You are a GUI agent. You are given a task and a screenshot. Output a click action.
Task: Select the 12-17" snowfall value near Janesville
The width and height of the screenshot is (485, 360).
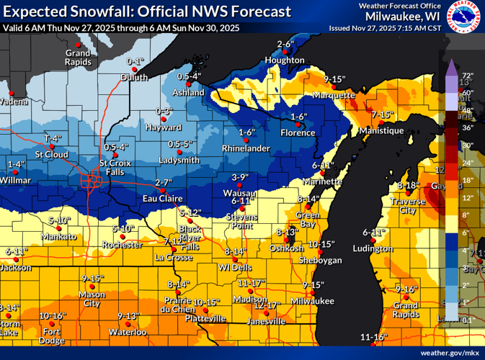coord(266,305)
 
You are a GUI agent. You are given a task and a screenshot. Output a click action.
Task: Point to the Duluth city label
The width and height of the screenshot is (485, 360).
coord(134,77)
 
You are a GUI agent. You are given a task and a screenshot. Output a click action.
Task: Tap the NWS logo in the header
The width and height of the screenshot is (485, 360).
coord(464,17)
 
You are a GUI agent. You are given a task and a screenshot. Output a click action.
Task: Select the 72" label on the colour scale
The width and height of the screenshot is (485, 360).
coord(466,76)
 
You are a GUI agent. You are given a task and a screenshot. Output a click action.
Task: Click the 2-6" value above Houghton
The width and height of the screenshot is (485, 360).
coord(287,45)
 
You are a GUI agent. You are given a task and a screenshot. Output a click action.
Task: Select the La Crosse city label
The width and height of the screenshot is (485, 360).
coord(172,256)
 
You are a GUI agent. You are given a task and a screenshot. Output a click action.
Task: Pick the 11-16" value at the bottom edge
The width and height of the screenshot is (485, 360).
coord(374,337)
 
